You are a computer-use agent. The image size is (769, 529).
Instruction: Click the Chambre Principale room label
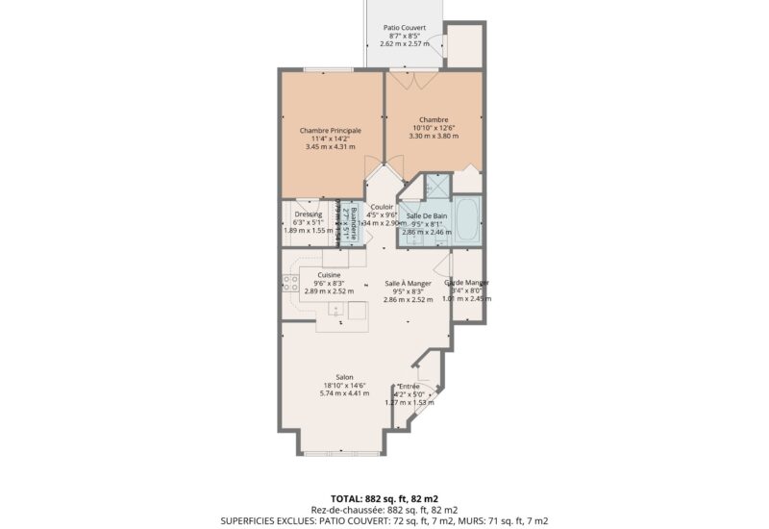click(x=330, y=130)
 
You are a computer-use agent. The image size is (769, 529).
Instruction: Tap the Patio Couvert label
click(x=406, y=28)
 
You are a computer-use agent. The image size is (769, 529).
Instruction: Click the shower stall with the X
click(x=438, y=186)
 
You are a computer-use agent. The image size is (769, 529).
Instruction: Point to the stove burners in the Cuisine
click(x=287, y=282)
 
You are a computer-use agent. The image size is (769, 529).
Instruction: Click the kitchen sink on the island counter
click(x=335, y=309)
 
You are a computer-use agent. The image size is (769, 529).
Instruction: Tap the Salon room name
click(x=344, y=376)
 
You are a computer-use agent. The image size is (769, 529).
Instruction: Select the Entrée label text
click(x=409, y=386)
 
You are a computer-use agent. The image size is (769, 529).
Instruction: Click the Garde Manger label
click(x=467, y=283)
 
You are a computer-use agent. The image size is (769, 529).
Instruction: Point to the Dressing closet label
click(x=308, y=214)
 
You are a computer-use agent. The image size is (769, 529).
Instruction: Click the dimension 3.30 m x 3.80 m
click(x=434, y=137)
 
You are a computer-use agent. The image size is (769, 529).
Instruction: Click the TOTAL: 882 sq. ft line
click(x=384, y=496)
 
